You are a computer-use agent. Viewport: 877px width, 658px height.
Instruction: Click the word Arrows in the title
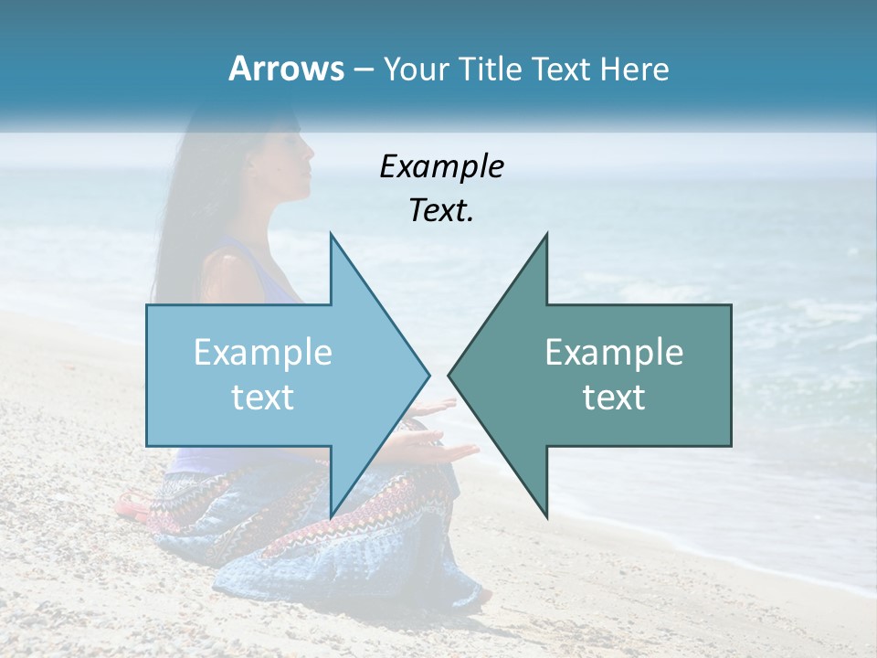click(x=286, y=69)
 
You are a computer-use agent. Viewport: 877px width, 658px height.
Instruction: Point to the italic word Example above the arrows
click(x=441, y=166)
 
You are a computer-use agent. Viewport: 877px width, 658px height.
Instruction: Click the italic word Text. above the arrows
click(x=441, y=211)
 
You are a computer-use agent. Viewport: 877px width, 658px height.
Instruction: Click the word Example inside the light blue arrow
click(x=263, y=352)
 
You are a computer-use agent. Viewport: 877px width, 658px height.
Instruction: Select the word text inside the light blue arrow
click(x=263, y=397)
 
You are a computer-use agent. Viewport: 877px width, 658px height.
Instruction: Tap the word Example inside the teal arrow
click(x=614, y=352)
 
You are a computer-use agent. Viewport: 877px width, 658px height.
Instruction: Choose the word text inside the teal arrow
click(x=614, y=397)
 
